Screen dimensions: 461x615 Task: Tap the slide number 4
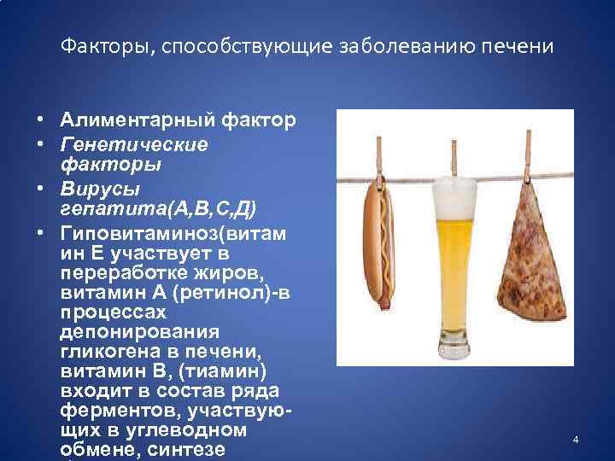pos(576,440)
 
